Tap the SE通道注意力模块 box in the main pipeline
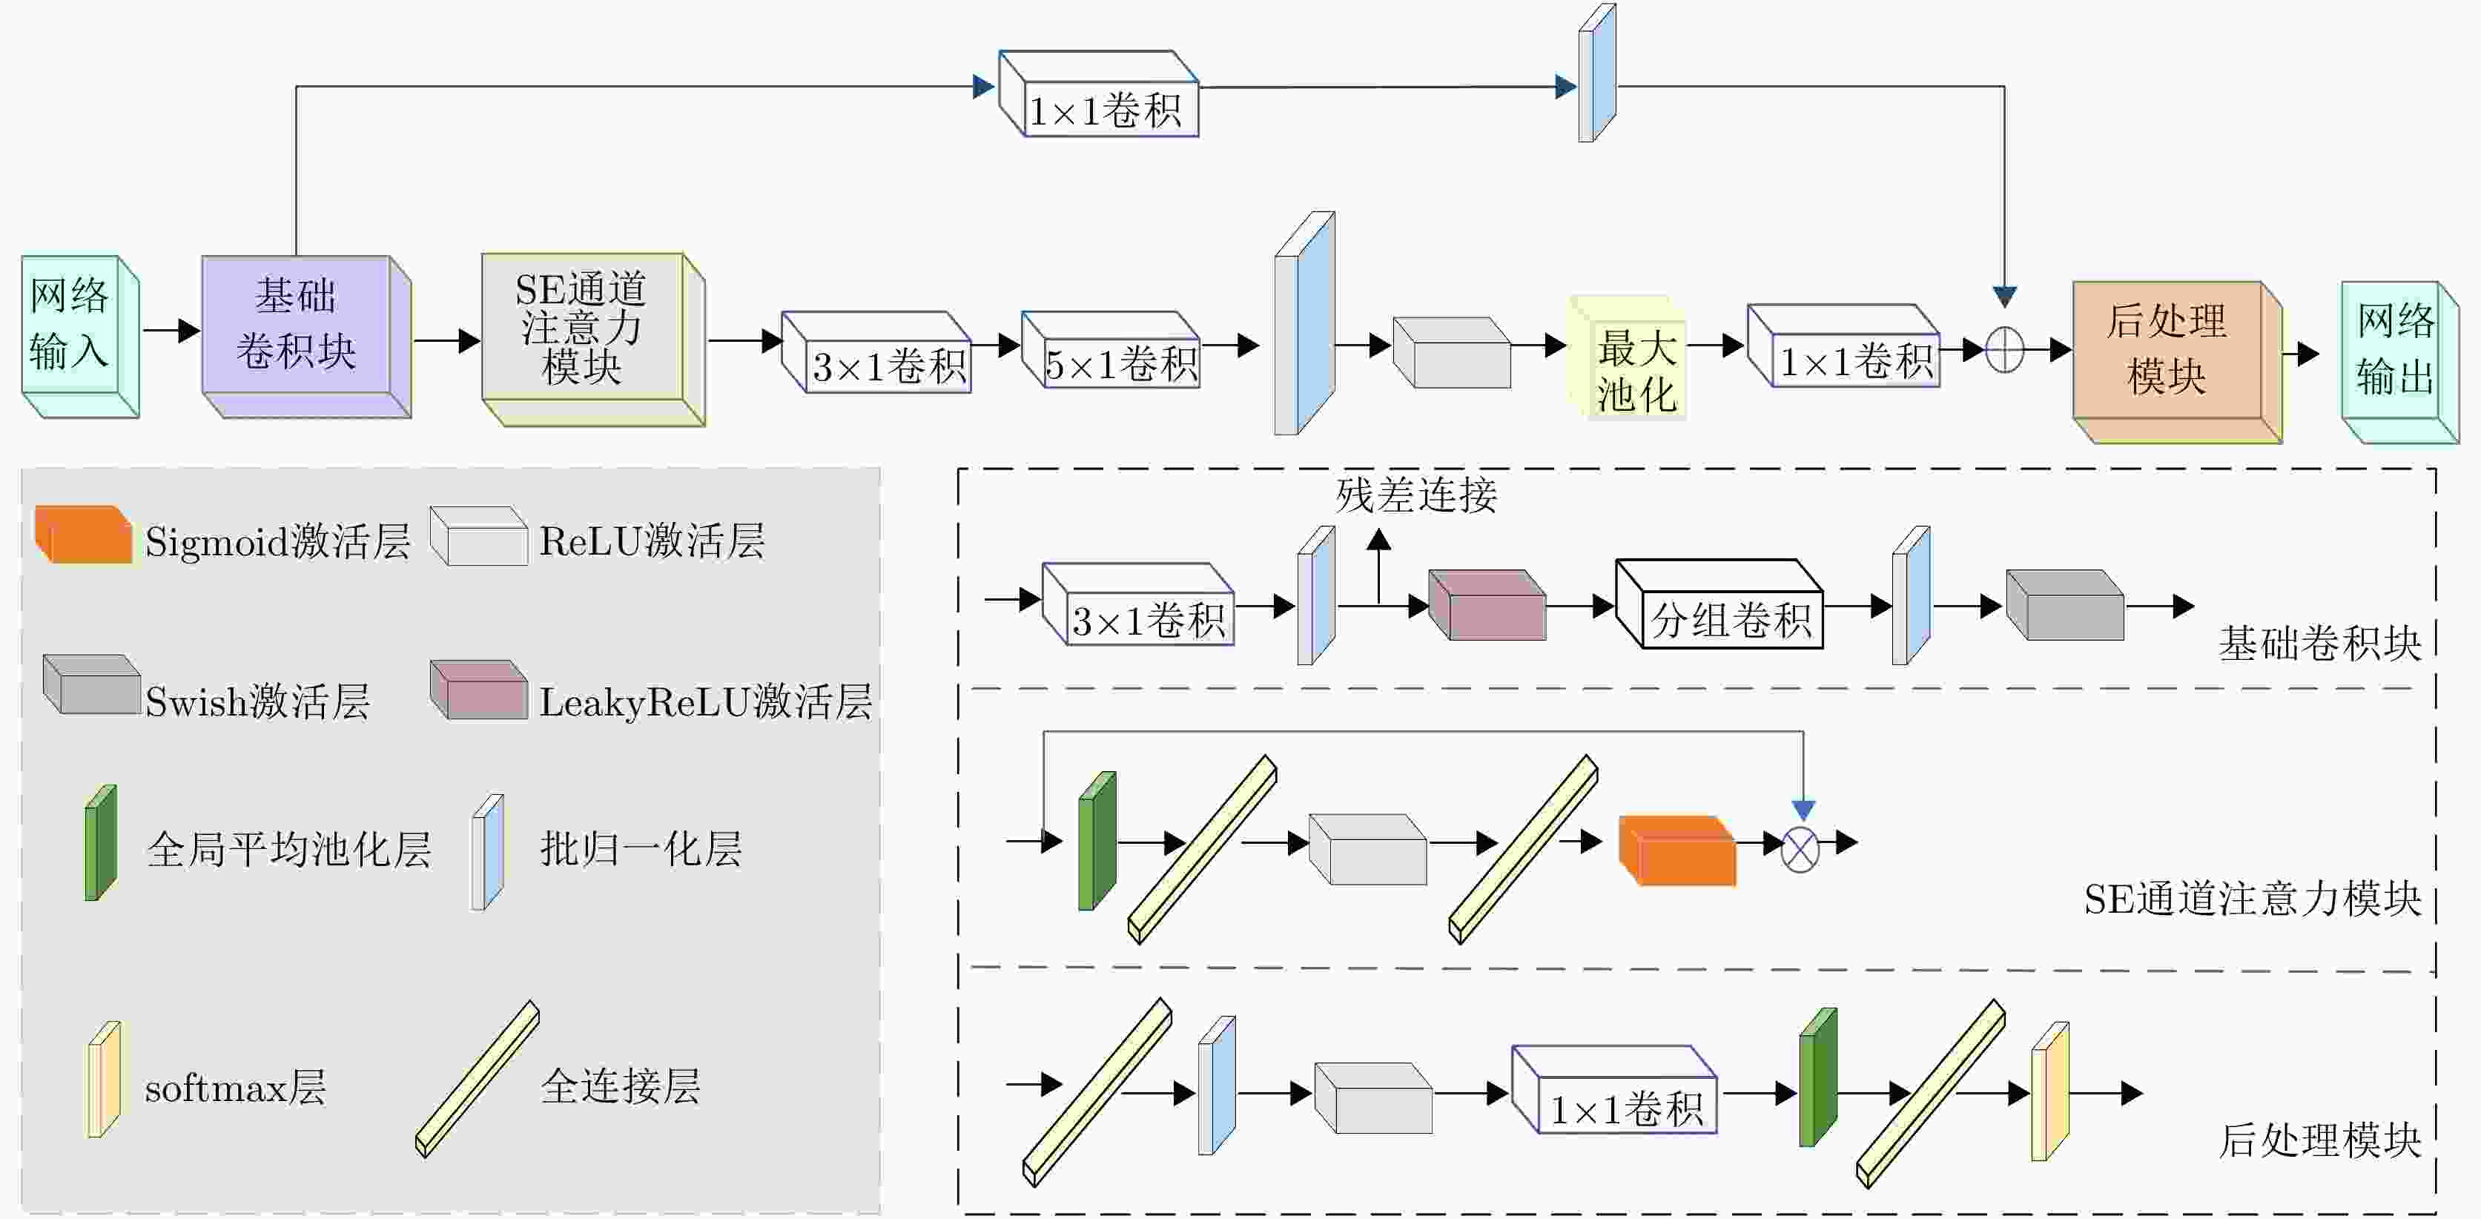coord(582,328)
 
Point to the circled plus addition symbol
coord(2004,349)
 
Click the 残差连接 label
coord(1415,495)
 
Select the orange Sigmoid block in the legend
coord(84,535)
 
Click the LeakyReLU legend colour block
coord(480,690)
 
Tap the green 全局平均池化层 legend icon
coord(101,844)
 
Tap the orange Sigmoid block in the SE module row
coord(1679,851)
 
